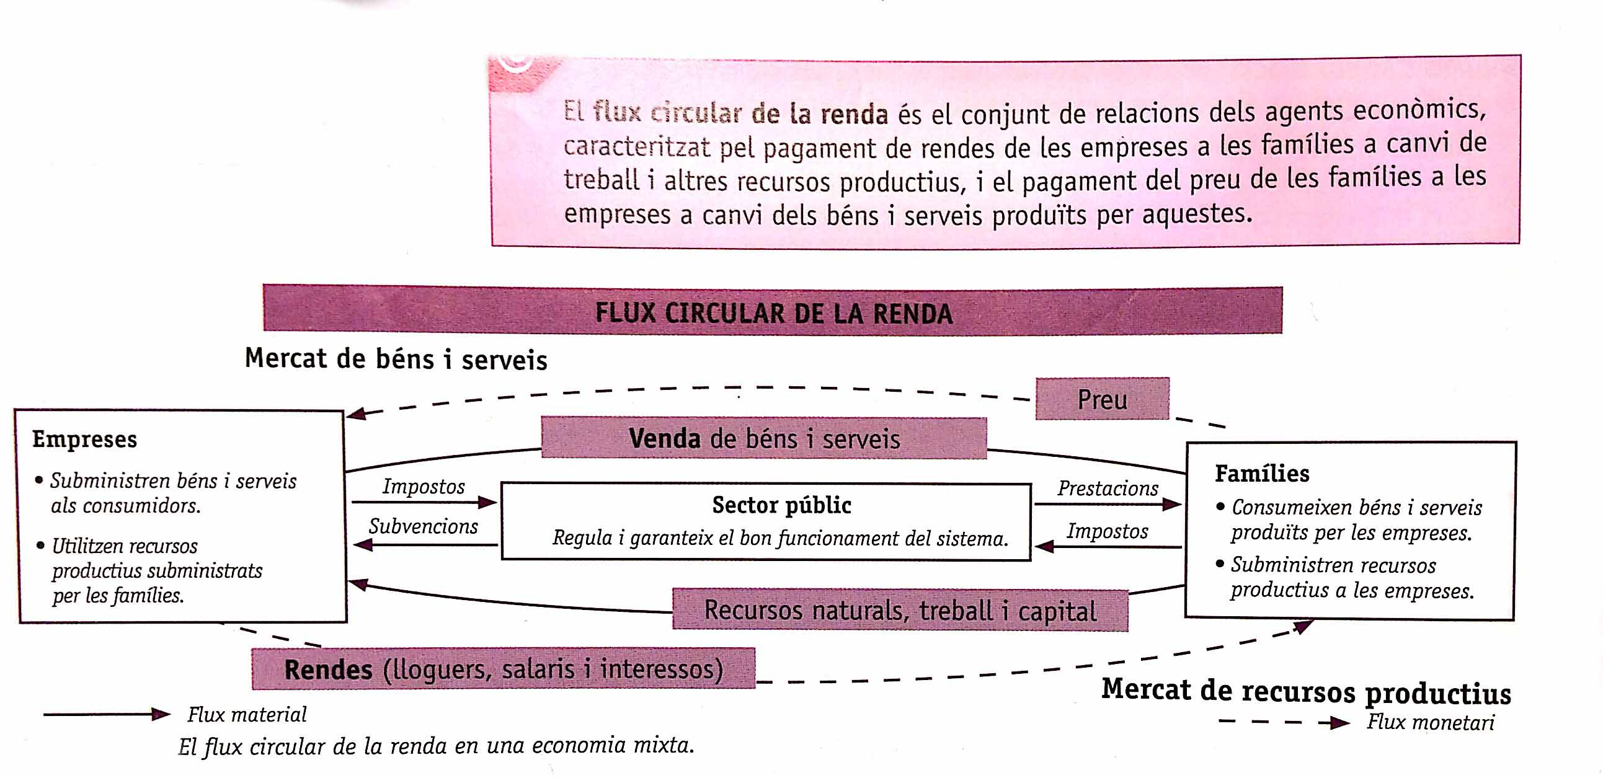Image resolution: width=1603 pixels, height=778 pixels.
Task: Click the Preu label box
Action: (1102, 399)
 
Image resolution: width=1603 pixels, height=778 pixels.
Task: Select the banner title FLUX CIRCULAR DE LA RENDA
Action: (773, 313)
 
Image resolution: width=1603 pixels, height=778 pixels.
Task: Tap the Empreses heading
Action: (84, 439)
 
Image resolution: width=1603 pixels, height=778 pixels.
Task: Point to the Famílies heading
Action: (1262, 473)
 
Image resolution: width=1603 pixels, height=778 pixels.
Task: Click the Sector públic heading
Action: (781, 505)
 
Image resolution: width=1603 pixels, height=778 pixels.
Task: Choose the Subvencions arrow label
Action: (423, 526)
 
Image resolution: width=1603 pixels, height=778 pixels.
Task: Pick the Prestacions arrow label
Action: (1108, 488)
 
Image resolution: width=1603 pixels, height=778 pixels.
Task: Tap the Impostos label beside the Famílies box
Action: (1108, 531)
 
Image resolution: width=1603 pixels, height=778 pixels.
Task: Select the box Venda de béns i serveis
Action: (763, 438)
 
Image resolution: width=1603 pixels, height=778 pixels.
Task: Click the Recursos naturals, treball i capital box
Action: (900, 610)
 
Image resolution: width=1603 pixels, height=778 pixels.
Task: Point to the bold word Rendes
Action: (329, 670)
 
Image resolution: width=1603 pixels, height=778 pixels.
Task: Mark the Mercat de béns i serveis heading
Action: (396, 359)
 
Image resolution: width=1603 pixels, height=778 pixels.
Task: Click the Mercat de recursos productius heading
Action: (1306, 692)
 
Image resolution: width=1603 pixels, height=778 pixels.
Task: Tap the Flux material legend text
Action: (247, 715)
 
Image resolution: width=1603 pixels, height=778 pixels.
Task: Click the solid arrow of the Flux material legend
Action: (107, 715)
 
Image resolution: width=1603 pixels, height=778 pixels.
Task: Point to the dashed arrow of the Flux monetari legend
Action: (1284, 723)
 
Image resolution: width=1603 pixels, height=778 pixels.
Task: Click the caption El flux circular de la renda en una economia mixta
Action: (436, 746)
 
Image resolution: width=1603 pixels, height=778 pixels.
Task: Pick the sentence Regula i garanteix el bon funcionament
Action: (780, 538)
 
